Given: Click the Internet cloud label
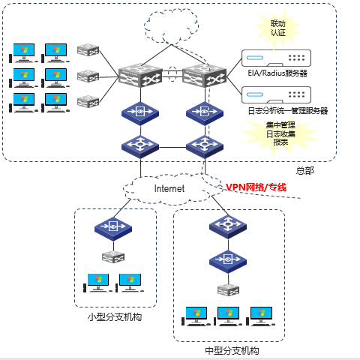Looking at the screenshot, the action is [x=169, y=188].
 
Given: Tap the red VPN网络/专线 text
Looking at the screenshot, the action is [x=256, y=187].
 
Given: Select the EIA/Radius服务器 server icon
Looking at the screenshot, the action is [x=276, y=58].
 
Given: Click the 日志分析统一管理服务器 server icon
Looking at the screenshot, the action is [x=276, y=94].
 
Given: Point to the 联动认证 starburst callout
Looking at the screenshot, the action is [x=277, y=28].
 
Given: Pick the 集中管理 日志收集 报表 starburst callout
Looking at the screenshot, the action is [x=280, y=133].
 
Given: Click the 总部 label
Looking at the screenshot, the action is [x=305, y=171].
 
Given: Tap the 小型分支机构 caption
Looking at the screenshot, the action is [x=115, y=317].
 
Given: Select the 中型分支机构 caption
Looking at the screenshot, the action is [x=232, y=351].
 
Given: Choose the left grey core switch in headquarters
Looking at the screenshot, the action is [x=140, y=75].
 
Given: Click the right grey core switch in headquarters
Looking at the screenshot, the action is [x=205, y=75].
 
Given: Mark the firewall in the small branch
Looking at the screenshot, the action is [x=113, y=227].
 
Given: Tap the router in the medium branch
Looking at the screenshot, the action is [x=228, y=225].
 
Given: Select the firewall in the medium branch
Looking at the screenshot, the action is [x=228, y=261].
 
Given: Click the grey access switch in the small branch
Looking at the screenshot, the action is [x=113, y=257].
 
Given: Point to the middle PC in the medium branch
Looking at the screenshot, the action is [x=228, y=316].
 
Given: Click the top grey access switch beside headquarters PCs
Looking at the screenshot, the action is [x=88, y=49].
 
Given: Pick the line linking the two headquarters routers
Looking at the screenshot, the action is [x=172, y=147].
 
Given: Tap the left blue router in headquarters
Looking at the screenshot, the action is [x=140, y=146].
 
